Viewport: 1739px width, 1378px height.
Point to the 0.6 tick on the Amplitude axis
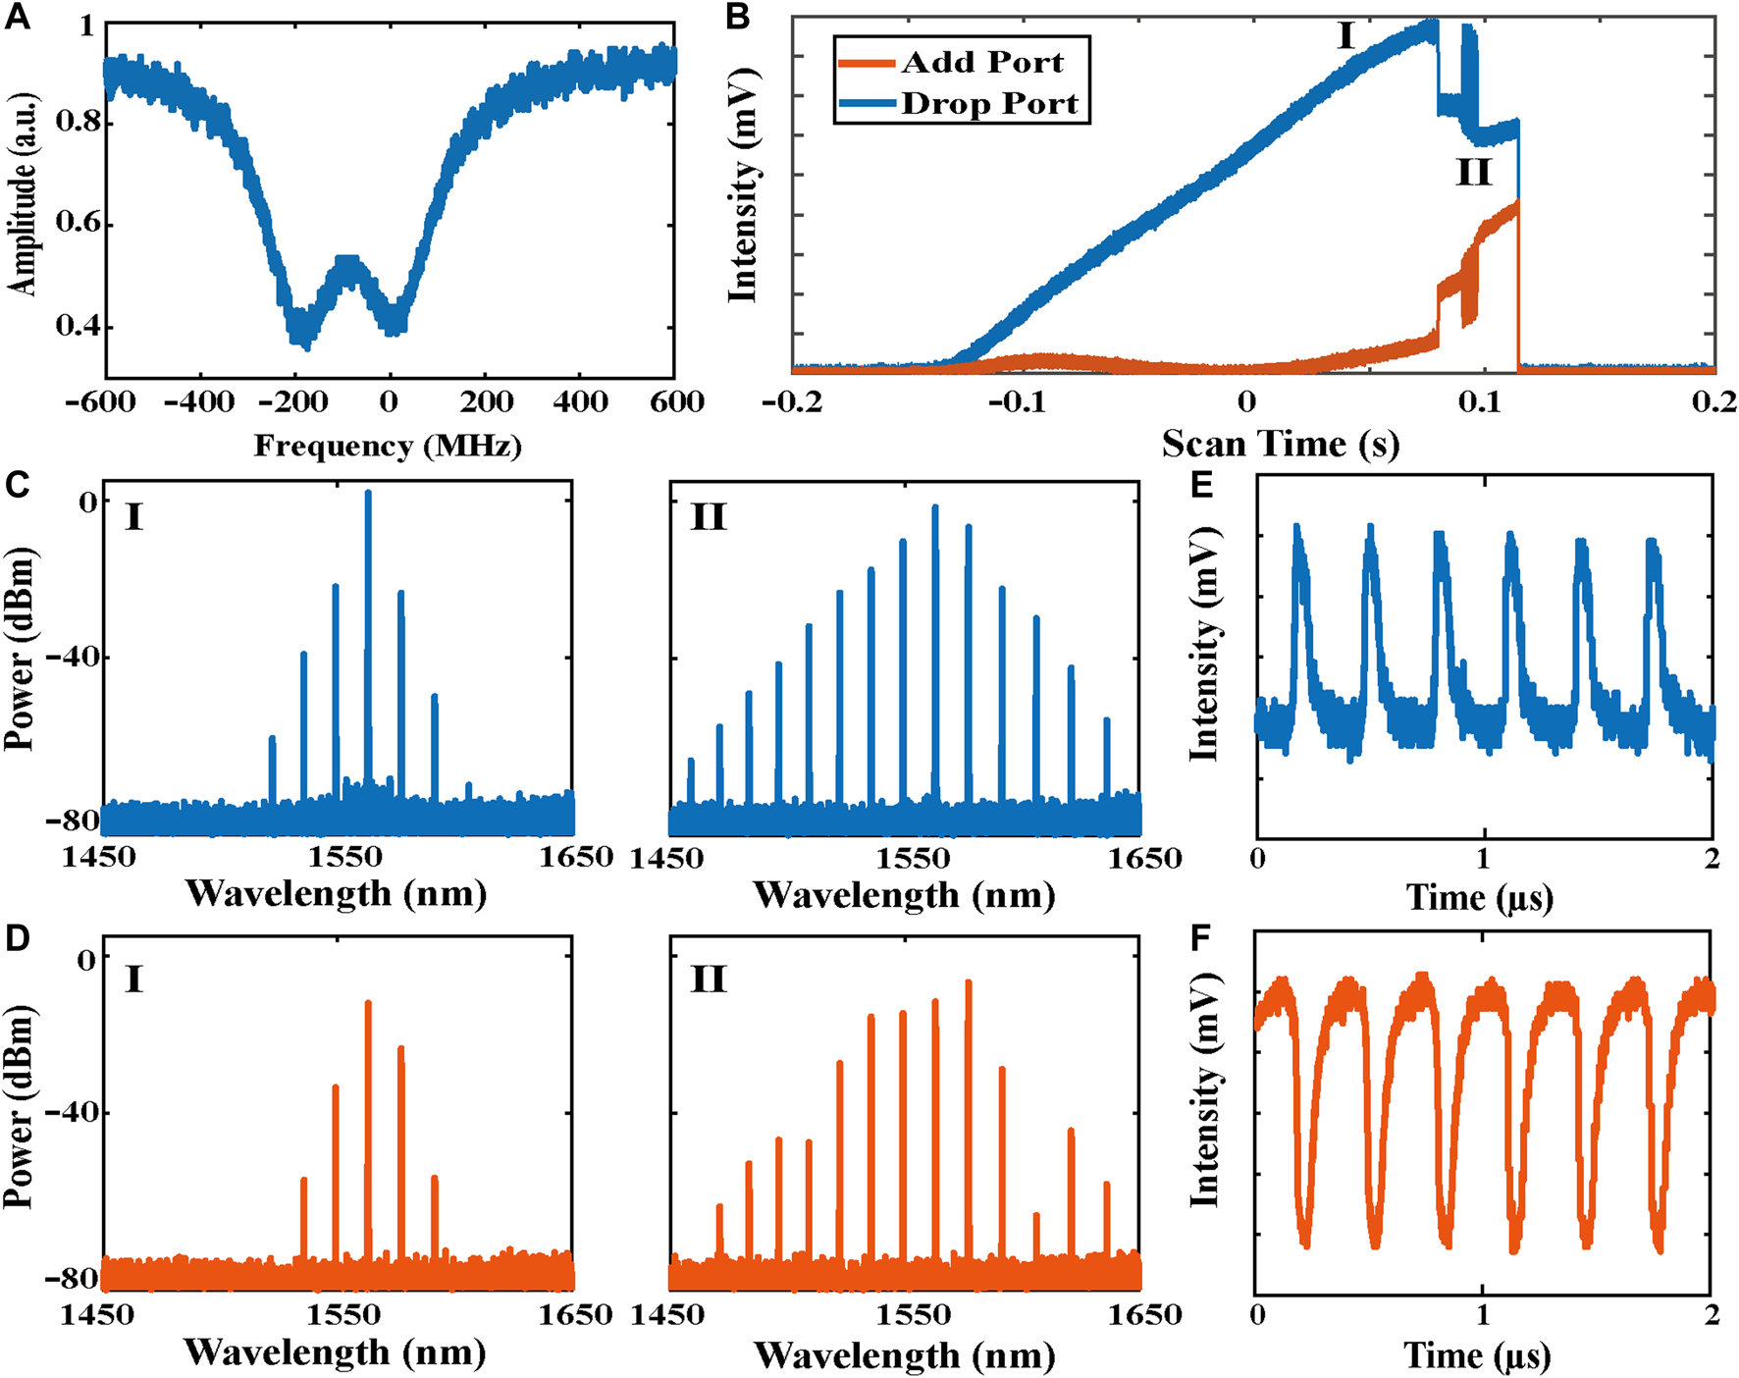coord(78,225)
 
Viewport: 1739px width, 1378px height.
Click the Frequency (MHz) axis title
coord(388,446)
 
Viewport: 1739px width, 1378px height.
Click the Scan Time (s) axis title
coord(1281,445)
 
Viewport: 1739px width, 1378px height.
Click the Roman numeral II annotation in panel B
coord(1474,174)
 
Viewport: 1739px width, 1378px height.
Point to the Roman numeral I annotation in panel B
coord(1345,37)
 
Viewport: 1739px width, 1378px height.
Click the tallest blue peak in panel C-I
coord(368,494)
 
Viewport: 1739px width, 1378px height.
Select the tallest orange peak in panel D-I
coord(368,1004)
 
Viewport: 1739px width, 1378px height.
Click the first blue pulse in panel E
coord(1298,530)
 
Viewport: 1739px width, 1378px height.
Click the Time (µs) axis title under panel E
coord(1480,897)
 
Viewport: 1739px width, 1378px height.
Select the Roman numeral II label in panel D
coord(709,979)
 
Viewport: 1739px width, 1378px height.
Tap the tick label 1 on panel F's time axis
coord(1483,1315)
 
